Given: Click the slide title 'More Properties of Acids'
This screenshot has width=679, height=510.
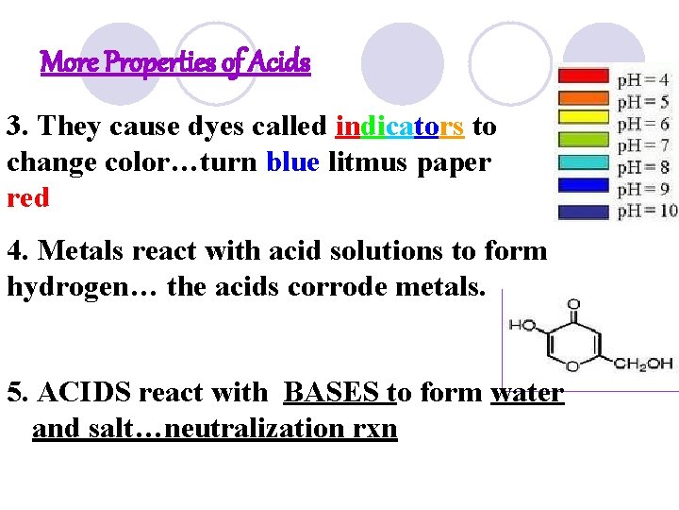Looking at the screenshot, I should click(x=175, y=63).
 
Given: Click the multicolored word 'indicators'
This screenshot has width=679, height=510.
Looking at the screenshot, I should click(x=399, y=126).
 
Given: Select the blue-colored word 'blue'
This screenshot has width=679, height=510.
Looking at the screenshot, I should click(x=292, y=162).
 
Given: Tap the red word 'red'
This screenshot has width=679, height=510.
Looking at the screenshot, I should click(x=27, y=198).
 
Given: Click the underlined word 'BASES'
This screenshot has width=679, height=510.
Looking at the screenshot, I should click(x=332, y=392).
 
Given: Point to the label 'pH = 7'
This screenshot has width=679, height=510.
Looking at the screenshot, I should click(x=643, y=145).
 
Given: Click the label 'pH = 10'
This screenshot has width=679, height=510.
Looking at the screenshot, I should click(x=647, y=211).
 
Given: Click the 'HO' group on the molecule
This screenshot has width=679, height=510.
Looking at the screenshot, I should click(x=522, y=326).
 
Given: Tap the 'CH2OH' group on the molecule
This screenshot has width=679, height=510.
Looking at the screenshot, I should click(x=646, y=364).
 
